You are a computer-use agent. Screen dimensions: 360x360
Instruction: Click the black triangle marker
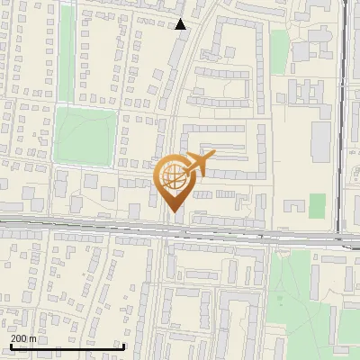[181, 24]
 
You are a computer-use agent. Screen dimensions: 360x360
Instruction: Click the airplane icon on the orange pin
[199, 164]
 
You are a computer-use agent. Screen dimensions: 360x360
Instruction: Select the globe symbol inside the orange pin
[174, 177]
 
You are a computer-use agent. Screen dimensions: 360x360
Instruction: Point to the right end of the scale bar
[122, 346]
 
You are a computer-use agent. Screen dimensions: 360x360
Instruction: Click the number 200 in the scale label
[20, 338]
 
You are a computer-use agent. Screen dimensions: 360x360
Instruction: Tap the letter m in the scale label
[33, 338]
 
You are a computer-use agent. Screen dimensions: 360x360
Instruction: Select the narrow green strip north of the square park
[65, 54]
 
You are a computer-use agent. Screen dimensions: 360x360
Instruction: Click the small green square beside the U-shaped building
[316, 206]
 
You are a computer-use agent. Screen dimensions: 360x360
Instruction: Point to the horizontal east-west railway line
[90, 224]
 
